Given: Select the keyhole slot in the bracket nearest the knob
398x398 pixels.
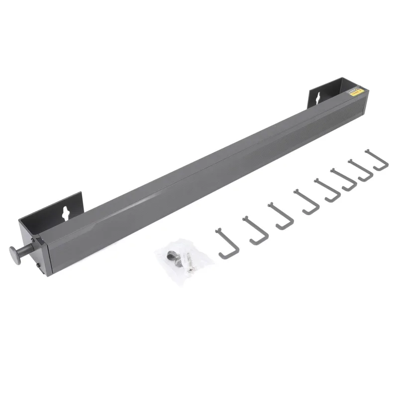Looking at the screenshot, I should [x=65, y=212].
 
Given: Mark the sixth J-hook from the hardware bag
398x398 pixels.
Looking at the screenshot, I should [x=345, y=181].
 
